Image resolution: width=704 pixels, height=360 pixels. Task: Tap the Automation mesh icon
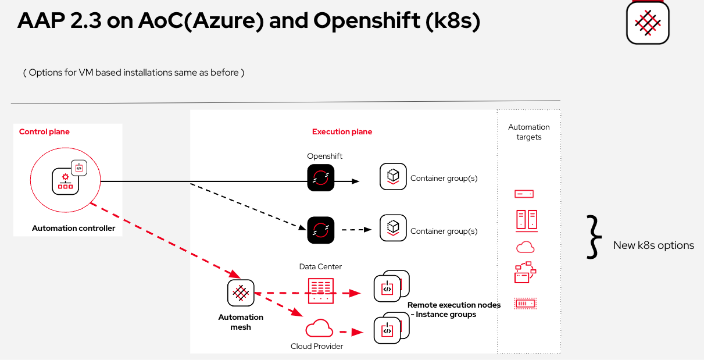(x=241, y=293)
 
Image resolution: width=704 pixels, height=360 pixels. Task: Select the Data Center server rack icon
(x=321, y=290)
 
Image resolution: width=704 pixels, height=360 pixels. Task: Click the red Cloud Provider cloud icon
(x=319, y=329)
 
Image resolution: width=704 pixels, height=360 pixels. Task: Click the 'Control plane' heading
(x=44, y=131)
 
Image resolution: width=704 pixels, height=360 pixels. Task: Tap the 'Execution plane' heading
(x=342, y=131)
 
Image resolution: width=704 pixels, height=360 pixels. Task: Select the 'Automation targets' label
(x=528, y=132)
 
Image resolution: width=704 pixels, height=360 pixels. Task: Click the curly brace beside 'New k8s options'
(x=592, y=236)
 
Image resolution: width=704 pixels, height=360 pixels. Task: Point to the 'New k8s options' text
(x=653, y=245)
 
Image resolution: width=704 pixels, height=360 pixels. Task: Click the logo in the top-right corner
(x=648, y=22)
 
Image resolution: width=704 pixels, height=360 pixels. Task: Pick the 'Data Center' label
(x=320, y=266)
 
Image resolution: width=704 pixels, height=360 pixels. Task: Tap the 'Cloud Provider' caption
(x=317, y=346)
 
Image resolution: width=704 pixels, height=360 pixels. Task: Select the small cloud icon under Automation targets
(x=525, y=247)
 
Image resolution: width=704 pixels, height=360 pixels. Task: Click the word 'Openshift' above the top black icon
(x=325, y=156)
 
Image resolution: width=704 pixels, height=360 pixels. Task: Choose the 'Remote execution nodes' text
(x=453, y=305)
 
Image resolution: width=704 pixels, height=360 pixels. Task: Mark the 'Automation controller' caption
(x=74, y=228)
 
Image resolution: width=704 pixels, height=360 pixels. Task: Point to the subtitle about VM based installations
(x=134, y=73)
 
